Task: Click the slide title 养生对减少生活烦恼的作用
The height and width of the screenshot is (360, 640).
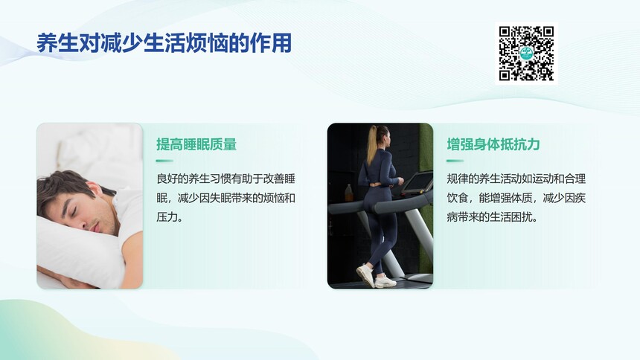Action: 164,43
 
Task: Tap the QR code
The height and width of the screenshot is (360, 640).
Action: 527,54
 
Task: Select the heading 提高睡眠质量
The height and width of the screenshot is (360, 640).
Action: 196,144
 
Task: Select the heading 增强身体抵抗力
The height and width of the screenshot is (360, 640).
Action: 493,144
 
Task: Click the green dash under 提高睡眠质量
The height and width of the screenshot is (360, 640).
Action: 164,161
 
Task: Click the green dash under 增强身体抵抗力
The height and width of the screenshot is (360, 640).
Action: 455,161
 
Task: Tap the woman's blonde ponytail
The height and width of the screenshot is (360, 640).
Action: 372,144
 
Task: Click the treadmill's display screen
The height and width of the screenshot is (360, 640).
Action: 417,182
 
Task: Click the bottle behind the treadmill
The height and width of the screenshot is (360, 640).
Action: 349,193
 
